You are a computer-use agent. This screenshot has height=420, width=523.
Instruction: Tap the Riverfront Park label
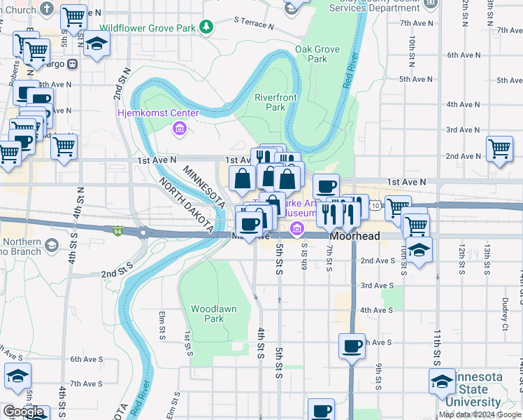270,102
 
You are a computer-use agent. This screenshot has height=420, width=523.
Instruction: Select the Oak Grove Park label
311,54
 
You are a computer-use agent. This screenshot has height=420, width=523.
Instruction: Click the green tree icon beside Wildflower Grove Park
206,27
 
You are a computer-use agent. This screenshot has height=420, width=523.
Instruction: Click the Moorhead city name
355,237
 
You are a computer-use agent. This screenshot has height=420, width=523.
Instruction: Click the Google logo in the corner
23,412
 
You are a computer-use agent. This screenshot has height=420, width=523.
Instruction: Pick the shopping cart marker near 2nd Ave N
499,148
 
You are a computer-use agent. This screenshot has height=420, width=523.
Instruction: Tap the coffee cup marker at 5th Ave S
352,344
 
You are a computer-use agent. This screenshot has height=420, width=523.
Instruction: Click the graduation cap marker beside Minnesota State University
442,381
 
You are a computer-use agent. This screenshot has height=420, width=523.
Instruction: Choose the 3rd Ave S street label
377,286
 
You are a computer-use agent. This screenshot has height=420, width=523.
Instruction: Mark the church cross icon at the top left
47,8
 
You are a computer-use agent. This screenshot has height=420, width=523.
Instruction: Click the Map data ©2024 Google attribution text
480,414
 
